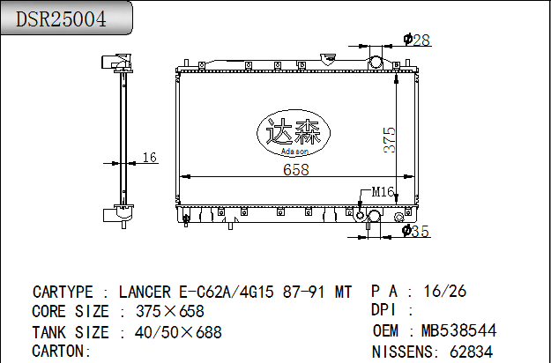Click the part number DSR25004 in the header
click(x=61, y=19)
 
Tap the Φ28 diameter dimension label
click(x=417, y=40)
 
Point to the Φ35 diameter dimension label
click(x=416, y=231)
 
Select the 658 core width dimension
click(x=296, y=169)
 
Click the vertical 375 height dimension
click(x=390, y=140)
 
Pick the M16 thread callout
click(x=383, y=192)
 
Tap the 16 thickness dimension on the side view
click(x=149, y=158)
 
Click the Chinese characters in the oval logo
click(x=293, y=131)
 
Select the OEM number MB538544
click(x=459, y=330)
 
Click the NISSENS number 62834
click(x=472, y=352)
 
